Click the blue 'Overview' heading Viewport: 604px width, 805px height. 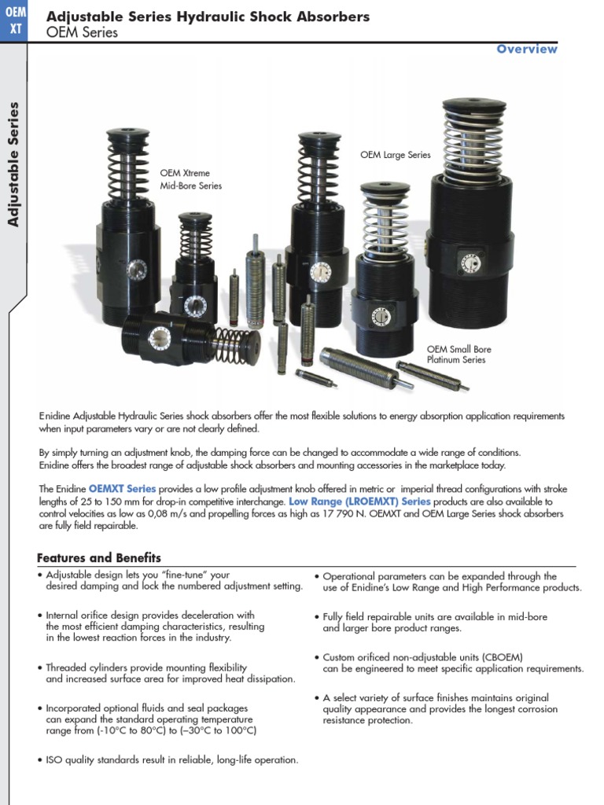(x=527, y=49)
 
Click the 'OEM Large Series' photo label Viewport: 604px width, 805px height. (x=396, y=155)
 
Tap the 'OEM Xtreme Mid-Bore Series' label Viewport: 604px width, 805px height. (x=190, y=179)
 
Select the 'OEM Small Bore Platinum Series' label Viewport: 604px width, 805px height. (x=459, y=355)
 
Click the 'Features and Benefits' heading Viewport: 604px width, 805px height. (x=99, y=557)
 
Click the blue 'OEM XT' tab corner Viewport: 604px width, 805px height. (x=13, y=20)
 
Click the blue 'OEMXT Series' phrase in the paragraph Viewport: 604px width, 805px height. (x=122, y=488)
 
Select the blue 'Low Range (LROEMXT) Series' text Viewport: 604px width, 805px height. (x=359, y=501)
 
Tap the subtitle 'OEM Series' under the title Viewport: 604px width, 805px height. (x=83, y=32)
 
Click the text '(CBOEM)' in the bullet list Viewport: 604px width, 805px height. (x=499, y=657)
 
